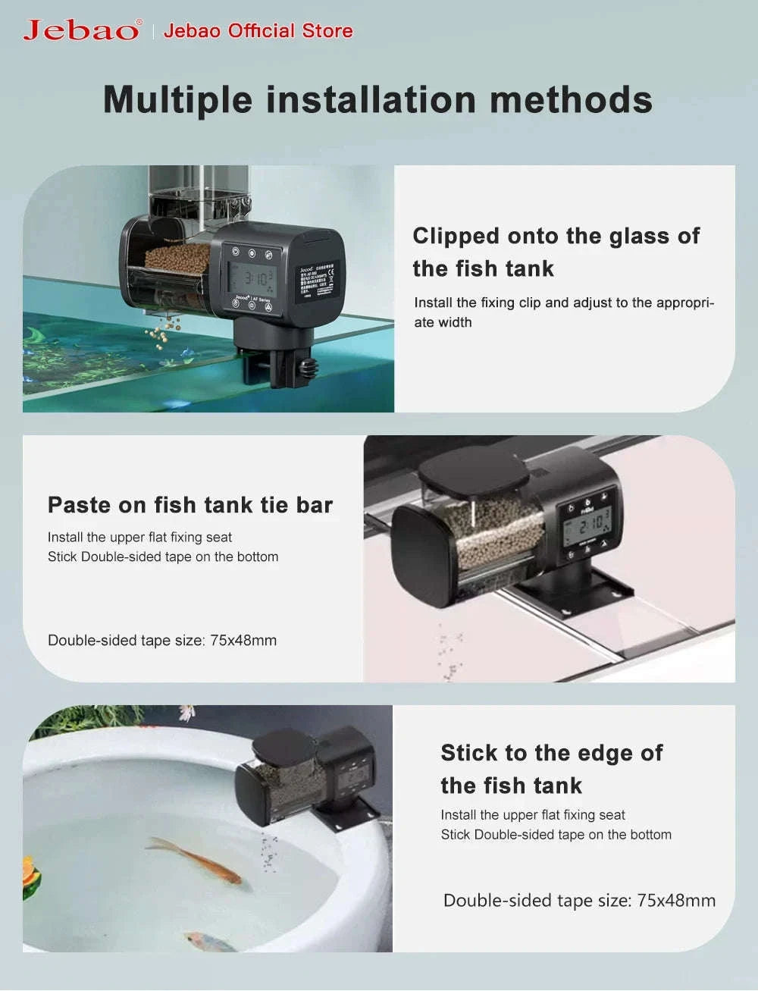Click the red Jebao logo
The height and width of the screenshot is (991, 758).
click(x=81, y=30)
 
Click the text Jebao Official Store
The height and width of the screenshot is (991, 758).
click(x=258, y=31)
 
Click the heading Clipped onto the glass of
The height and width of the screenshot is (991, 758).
click(x=556, y=236)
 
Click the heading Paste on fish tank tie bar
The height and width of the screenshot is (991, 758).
click(x=190, y=505)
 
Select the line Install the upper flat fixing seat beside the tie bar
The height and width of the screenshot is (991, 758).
click(x=139, y=538)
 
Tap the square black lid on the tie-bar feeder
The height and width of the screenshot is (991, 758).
click(x=474, y=470)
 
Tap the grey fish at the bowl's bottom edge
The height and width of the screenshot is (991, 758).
click(x=210, y=942)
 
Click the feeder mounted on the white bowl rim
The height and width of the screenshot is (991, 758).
click(x=307, y=777)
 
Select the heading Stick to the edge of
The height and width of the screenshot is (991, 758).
click(x=551, y=753)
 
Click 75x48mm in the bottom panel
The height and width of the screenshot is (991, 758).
click(x=676, y=901)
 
